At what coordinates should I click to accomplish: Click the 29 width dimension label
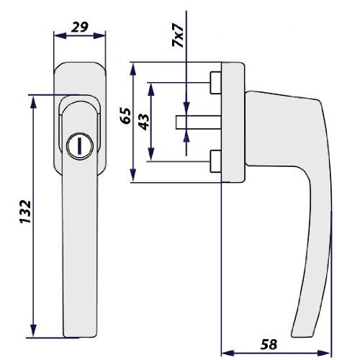point(80,27)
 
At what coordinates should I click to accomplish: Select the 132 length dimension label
point(25,212)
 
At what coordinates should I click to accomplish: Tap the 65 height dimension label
point(126,116)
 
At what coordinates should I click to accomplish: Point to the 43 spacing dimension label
point(144,122)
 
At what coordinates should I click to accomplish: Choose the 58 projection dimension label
point(269,344)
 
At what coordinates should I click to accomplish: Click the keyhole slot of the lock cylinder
point(79,146)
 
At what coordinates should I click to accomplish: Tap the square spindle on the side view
point(199,122)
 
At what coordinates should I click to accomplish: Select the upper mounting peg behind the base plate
point(215,83)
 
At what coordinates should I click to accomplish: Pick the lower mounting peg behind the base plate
point(215,161)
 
